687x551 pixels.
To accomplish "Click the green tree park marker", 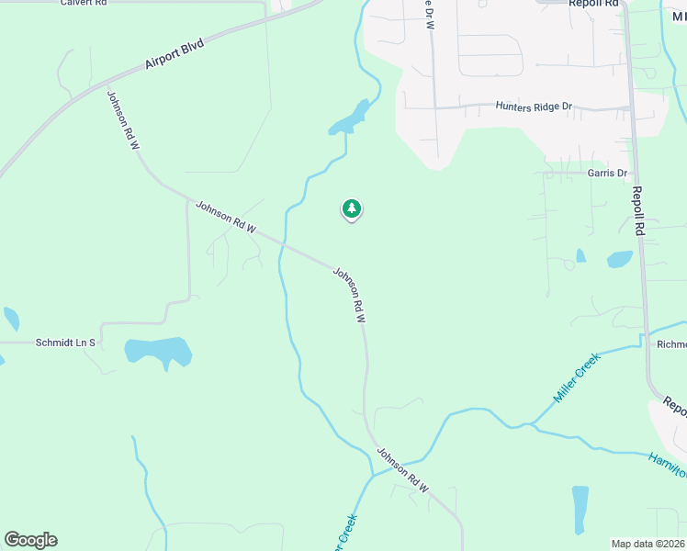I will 351,209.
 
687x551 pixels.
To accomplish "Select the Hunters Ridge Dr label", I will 533,107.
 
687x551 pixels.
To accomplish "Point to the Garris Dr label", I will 607,173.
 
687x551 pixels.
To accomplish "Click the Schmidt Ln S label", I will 65,343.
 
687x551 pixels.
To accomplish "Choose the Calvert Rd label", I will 85,4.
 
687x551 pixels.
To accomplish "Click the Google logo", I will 30,540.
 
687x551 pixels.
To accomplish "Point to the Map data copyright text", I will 648,544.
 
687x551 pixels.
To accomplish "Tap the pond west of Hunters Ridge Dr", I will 350,118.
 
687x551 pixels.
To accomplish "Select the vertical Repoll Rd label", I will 638,211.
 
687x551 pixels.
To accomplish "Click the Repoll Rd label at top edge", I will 589,4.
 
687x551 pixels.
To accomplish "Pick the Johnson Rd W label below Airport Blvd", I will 122,120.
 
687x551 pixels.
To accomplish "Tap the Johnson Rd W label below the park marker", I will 349,295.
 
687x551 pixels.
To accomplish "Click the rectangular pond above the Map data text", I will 580,508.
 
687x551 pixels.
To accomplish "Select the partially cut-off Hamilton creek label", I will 667,465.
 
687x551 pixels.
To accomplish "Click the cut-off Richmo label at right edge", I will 671,344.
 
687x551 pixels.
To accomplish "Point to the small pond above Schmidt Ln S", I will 11,319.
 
